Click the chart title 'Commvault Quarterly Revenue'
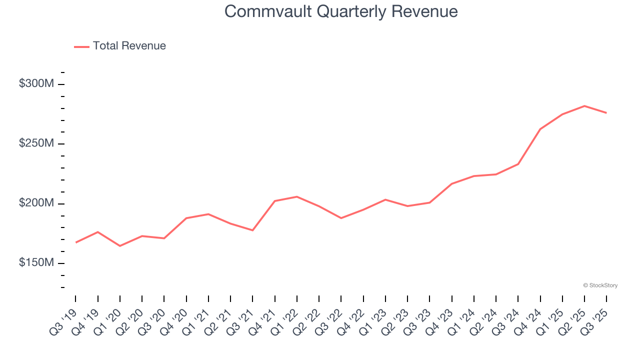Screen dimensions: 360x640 (341, 11)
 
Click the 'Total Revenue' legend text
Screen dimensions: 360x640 (129, 46)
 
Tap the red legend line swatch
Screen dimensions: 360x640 (81, 46)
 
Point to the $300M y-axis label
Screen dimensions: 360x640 (36, 83)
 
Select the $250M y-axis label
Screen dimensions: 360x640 (36, 143)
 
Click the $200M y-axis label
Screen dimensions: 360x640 (36, 203)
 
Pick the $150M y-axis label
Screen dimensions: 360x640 (36, 263)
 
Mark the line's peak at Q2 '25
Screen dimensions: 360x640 (584, 106)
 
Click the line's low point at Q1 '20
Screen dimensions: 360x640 (120, 246)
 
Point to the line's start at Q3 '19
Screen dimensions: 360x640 (76, 242)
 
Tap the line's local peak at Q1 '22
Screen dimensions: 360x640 (297, 196)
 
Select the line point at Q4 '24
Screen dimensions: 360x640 (540, 129)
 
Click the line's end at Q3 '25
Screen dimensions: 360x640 (606, 113)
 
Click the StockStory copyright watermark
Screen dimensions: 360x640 (600, 285)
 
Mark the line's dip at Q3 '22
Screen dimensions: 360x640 (341, 218)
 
